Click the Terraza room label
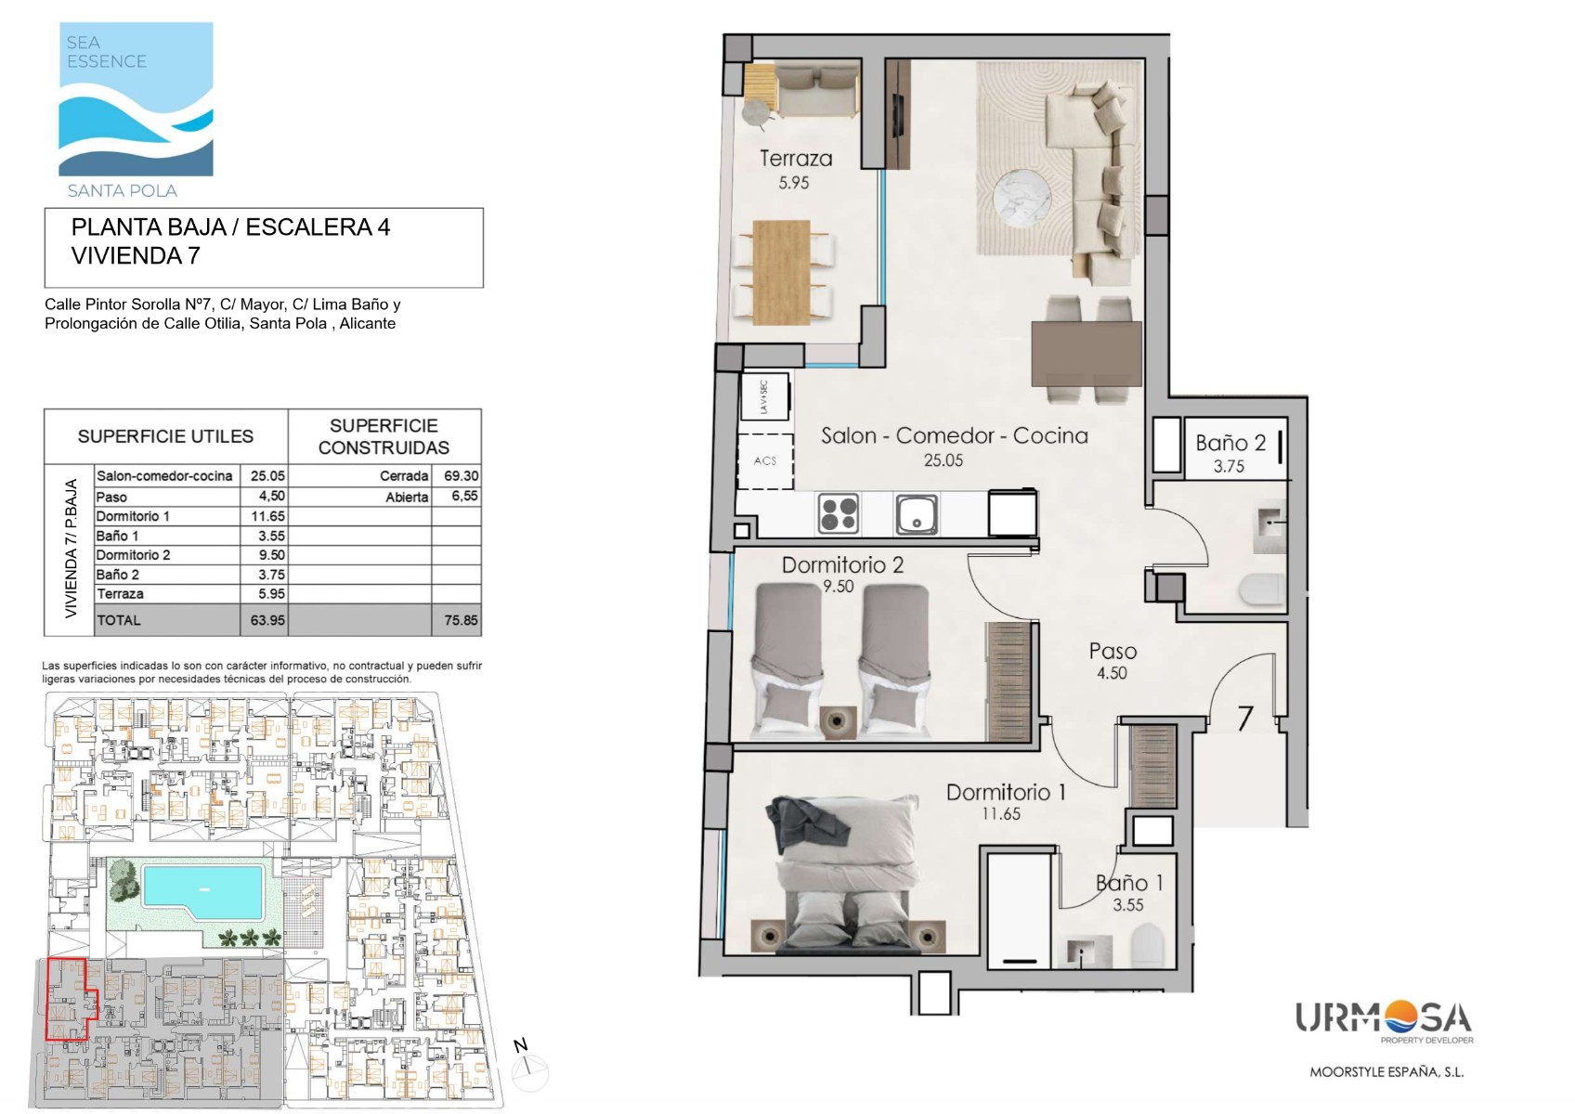(x=796, y=158)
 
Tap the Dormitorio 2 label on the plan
(x=842, y=564)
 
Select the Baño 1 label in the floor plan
(x=1129, y=883)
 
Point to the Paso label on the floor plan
(x=1113, y=651)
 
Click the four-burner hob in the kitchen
(x=839, y=513)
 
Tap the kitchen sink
(x=917, y=513)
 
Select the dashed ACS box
(x=765, y=461)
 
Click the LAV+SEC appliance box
(x=765, y=397)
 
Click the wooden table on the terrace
(x=781, y=273)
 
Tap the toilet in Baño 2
(x=1263, y=589)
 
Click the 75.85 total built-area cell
(x=461, y=621)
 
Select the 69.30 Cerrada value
(x=462, y=476)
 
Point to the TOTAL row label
(x=119, y=621)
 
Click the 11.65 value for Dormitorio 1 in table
(x=267, y=516)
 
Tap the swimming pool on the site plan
(x=202, y=892)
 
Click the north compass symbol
(x=529, y=1068)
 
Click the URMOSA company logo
(x=1384, y=1021)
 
